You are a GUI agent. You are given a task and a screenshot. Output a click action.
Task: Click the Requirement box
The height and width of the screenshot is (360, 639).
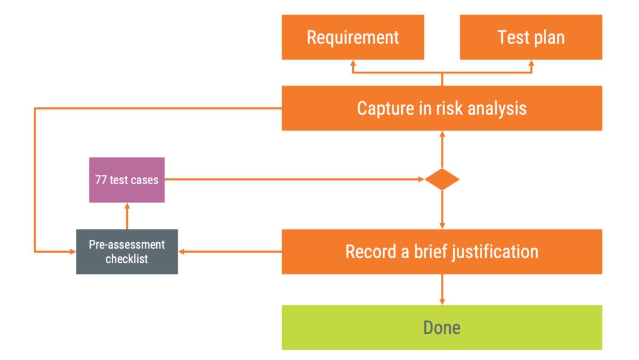tap(353, 37)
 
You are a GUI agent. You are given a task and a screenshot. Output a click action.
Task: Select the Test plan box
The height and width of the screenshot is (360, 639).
tap(531, 37)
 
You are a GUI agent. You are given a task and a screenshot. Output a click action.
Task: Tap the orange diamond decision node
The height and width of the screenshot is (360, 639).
tap(442, 179)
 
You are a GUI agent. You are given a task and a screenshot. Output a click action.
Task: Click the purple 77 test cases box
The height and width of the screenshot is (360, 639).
tap(127, 180)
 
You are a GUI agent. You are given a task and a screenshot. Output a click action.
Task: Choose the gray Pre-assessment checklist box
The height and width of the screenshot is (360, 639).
tap(127, 252)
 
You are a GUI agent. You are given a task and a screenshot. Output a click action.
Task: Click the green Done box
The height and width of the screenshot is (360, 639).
tap(441, 327)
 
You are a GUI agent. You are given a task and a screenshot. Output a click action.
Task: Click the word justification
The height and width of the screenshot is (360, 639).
tap(495, 252)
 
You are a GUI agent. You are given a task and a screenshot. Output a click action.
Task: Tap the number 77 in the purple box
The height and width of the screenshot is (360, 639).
tap(101, 180)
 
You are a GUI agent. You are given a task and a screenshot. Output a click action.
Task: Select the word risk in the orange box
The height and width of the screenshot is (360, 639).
tap(451, 108)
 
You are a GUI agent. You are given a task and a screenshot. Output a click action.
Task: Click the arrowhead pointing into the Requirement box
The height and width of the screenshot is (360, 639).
tap(353, 63)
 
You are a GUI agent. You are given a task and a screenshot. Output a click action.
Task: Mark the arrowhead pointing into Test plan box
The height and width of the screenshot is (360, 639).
tap(531, 63)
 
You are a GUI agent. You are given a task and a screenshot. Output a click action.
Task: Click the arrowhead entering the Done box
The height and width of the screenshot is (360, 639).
tap(442, 301)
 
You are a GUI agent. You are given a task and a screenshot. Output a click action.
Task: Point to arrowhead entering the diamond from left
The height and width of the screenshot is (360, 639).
tap(421, 179)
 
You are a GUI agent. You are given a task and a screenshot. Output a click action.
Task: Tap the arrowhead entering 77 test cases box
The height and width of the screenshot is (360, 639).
tap(127, 206)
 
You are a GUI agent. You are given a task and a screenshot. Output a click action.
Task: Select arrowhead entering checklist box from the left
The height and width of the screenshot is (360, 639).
tap(72, 252)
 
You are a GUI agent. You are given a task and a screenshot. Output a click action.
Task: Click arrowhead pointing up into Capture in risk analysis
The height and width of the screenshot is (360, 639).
tap(442, 134)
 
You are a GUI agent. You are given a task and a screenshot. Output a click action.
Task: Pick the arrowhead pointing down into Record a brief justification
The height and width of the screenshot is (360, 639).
tap(442, 226)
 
